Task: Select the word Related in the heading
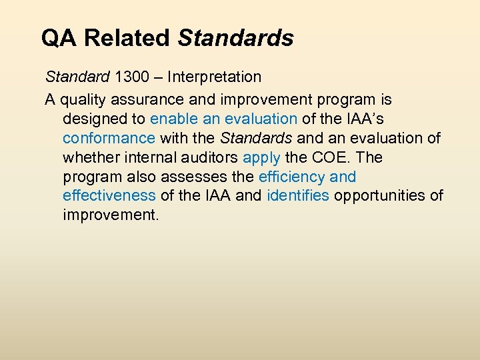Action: coord(127,38)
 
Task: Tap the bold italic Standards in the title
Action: coord(235,38)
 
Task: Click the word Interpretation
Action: coord(214,77)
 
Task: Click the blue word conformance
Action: coord(109,139)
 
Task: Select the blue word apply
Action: coord(261,158)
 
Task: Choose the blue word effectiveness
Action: coord(109,197)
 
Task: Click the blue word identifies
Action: coord(297,197)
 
